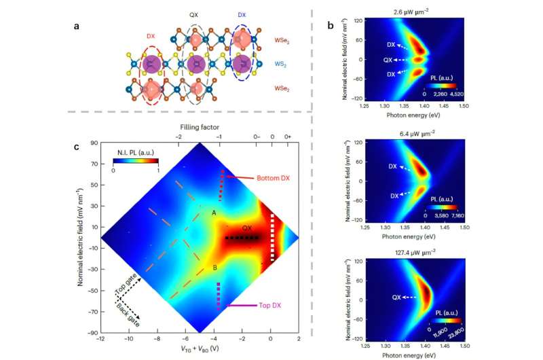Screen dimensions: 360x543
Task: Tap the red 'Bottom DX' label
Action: click(x=273, y=178)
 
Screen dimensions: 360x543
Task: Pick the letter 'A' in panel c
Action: click(x=214, y=213)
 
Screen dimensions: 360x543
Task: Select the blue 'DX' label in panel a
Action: click(x=242, y=14)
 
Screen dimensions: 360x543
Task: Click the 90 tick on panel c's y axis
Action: click(x=92, y=143)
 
